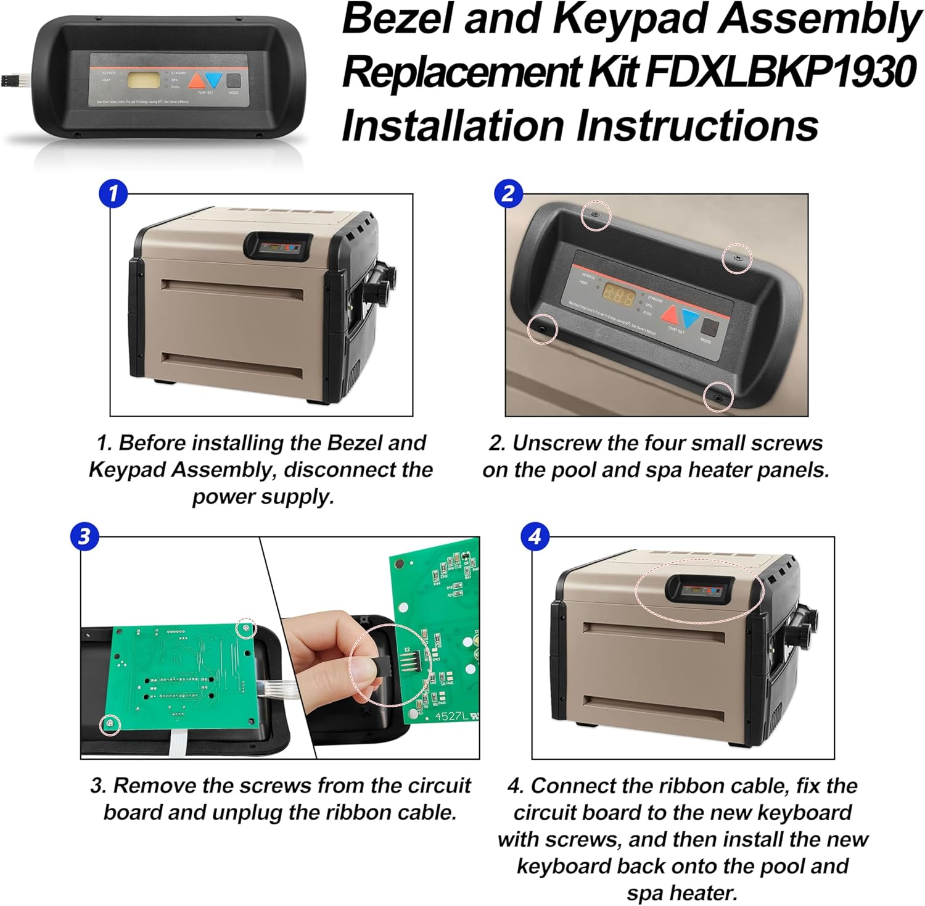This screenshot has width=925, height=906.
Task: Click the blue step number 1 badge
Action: [x=113, y=194]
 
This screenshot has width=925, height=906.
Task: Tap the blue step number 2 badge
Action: [x=508, y=194]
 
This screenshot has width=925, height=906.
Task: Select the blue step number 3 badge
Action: [x=84, y=536]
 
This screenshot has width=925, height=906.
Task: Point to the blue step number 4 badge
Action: [x=535, y=536]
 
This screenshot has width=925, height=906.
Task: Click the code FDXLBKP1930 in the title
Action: [x=780, y=72]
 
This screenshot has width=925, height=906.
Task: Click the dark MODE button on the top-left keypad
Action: [x=234, y=81]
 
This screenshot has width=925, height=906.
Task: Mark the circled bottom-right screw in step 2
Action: [x=718, y=397]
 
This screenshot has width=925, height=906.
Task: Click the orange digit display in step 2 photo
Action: [x=619, y=297]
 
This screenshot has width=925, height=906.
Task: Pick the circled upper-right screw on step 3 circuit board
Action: [x=247, y=628]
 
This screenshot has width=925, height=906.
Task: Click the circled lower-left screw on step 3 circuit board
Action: [x=110, y=722]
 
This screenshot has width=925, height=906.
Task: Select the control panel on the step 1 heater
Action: [x=278, y=246]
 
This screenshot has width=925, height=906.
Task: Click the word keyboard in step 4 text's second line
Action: [x=804, y=812]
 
